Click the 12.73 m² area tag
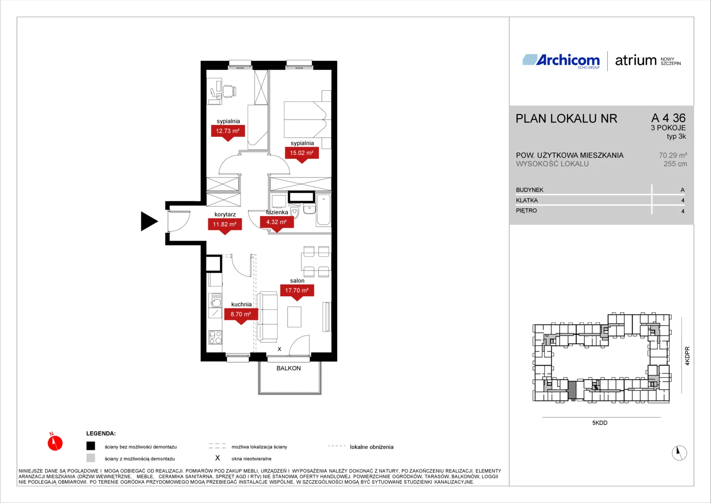[228, 132]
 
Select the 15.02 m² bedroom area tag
[302, 154]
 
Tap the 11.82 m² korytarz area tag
[225, 225]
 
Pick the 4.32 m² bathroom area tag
[276, 223]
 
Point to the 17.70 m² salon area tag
[297, 292]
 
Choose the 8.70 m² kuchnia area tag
[241, 315]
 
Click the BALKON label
[288, 368]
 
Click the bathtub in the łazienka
[323, 210]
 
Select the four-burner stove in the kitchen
[215, 337]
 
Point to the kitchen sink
[216, 300]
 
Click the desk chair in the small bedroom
[229, 91]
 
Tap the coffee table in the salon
[294, 317]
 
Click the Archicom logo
[561, 61]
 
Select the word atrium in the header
[636, 61]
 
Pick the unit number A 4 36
[669, 118]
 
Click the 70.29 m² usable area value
[673, 156]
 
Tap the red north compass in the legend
[55, 442]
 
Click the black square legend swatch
[91, 446]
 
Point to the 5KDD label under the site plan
[600, 423]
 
